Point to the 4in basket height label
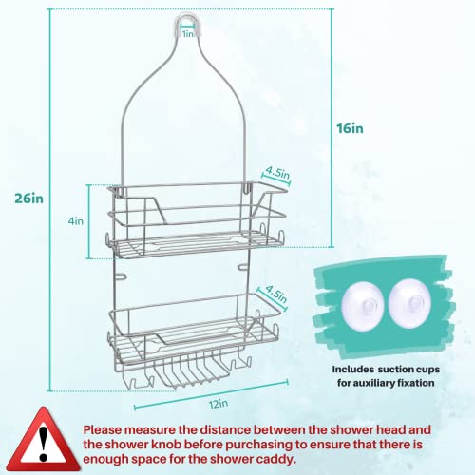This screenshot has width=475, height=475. tap(73, 220)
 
